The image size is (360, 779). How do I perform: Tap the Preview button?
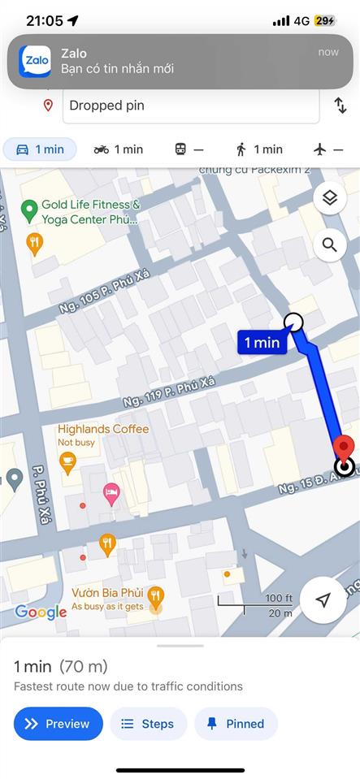(x=59, y=724)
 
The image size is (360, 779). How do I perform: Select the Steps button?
(x=148, y=724)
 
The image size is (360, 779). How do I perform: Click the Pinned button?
(x=236, y=724)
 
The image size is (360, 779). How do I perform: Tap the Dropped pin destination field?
(x=191, y=106)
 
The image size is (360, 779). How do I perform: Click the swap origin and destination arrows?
(x=340, y=106)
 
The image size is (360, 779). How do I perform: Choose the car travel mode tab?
(x=41, y=149)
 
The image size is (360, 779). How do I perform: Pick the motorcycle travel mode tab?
(x=119, y=149)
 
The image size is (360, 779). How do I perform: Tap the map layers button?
(x=329, y=197)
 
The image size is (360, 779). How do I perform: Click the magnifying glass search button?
(x=329, y=245)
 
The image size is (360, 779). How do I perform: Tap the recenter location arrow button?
(x=323, y=599)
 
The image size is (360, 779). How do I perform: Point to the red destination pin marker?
(x=344, y=448)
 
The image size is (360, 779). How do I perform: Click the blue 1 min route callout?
(x=262, y=342)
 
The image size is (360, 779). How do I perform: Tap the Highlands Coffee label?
(x=103, y=429)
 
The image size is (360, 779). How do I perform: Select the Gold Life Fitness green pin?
(x=29, y=211)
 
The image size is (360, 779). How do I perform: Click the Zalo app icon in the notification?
(x=35, y=61)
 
